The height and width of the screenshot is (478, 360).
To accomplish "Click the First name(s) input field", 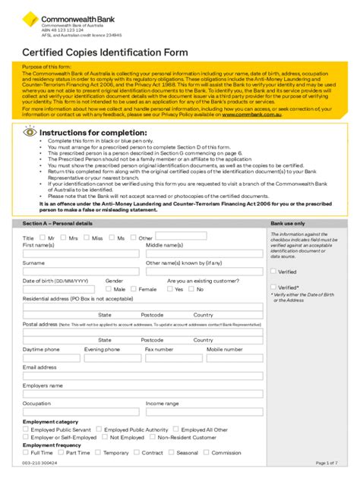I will pyautogui.click(x=81, y=253).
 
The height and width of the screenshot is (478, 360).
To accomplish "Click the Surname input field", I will pyautogui.click(x=81, y=272).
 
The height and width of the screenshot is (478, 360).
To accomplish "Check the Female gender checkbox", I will pyautogui.click(x=134, y=289).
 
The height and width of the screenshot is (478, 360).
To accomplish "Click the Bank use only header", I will pyautogui.click(x=288, y=224).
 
